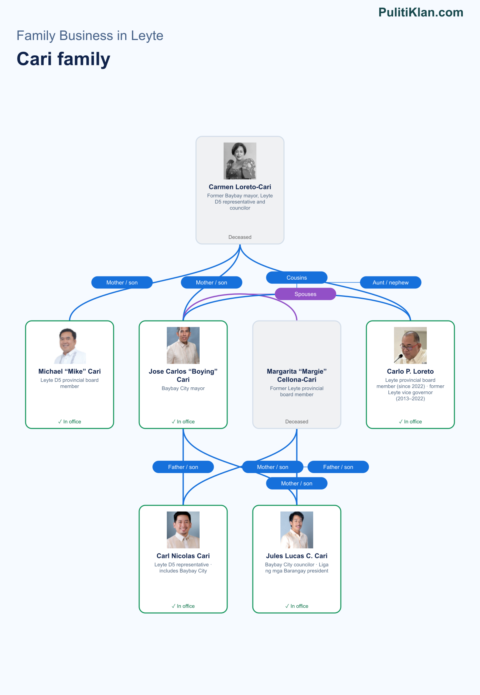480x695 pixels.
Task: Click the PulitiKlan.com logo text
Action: (421, 12)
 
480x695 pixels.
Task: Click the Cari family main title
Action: (63, 59)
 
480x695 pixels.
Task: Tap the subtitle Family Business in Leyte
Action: (90, 36)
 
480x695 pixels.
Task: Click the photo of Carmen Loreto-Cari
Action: (240, 161)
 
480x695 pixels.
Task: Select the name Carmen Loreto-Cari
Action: (240, 187)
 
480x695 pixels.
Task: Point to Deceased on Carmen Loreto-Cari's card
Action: (240, 237)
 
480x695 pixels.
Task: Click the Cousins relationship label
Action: (297, 278)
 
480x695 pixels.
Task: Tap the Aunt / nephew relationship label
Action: (391, 282)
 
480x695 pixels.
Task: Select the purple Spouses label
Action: (306, 294)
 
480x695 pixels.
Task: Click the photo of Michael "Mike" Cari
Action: (70, 345)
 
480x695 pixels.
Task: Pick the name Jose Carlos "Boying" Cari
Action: (183, 375)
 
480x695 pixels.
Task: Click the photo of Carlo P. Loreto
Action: (410, 345)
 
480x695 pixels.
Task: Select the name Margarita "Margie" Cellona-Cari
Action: (297, 375)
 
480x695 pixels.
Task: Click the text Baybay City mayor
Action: (183, 388)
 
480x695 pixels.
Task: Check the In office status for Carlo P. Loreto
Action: (410, 421)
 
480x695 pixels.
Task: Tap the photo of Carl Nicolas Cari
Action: (183, 530)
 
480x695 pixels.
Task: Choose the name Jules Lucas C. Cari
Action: (297, 556)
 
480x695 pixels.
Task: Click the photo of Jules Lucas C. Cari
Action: (297, 530)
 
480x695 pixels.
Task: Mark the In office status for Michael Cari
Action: (70, 421)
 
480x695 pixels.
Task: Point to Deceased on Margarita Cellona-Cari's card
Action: (297, 421)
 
